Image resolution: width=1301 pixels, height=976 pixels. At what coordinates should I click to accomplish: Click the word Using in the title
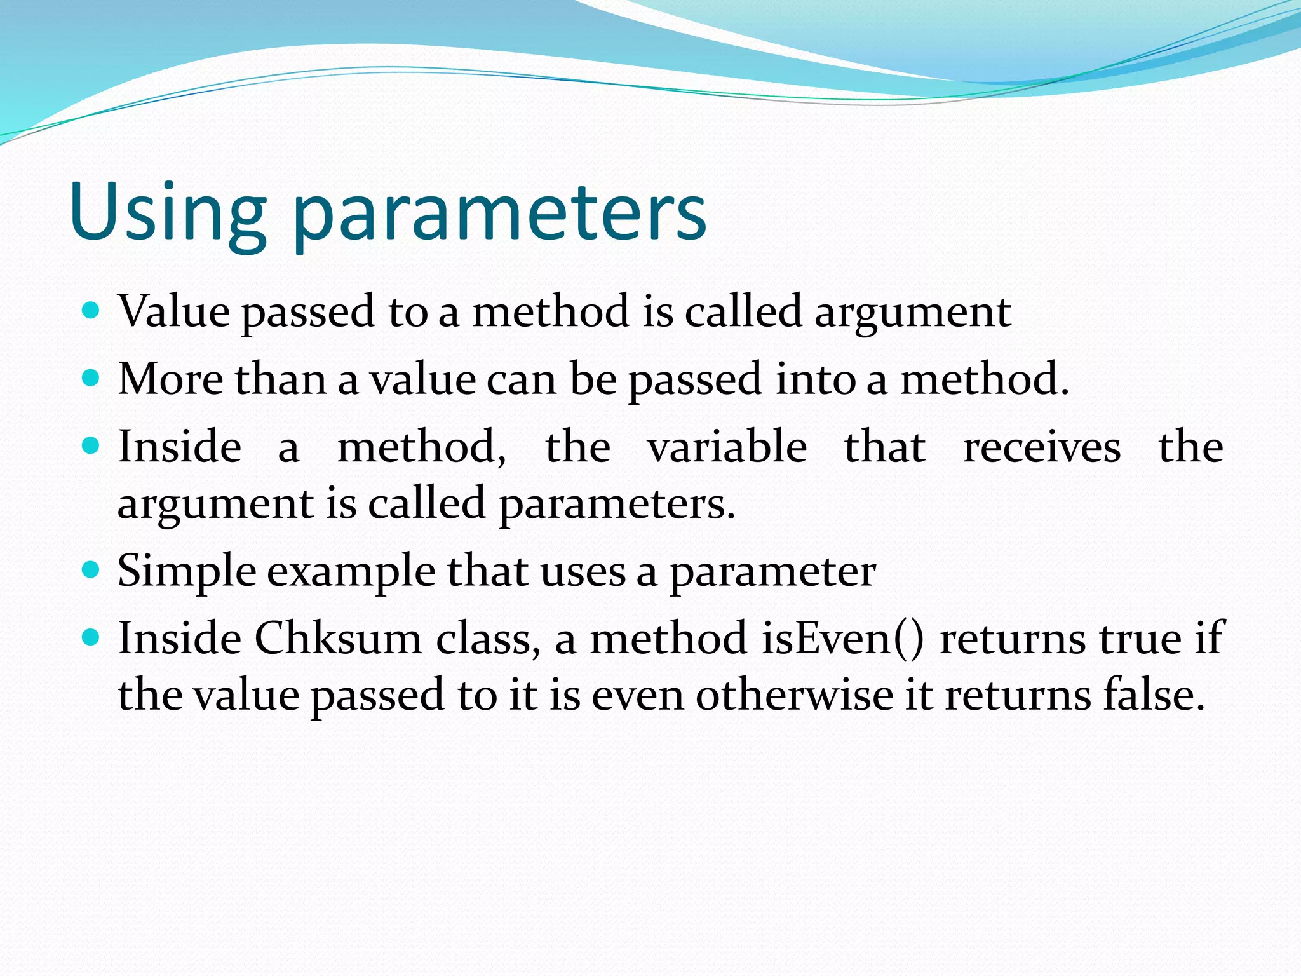pos(167,212)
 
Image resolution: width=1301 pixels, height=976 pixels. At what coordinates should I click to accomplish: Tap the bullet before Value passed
pos(91,311)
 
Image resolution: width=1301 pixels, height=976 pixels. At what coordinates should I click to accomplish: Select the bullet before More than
pos(91,379)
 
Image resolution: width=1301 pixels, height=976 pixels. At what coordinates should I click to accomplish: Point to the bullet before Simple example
pos(91,570)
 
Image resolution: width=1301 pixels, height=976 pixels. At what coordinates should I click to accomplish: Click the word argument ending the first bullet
pos(912,315)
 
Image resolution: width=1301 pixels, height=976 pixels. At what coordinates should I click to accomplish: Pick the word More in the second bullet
pos(170,379)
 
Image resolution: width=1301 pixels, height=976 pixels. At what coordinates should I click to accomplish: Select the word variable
pos(727,447)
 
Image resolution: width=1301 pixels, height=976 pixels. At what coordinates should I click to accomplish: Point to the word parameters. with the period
pos(617,506)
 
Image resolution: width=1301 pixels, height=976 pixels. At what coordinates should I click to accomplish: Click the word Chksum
pos(339,638)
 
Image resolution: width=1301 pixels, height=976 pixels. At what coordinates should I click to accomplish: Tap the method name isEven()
pos(843,638)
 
